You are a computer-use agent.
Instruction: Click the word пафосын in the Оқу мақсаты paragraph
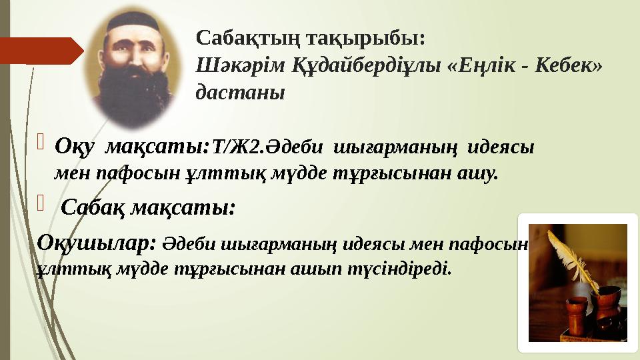click(x=139, y=174)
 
